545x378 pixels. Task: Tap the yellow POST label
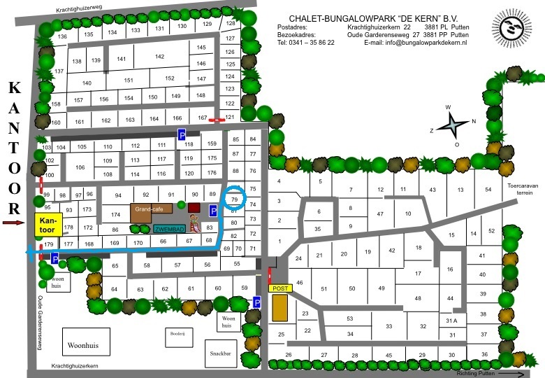pos(279,288)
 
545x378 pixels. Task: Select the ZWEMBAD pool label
pos(170,228)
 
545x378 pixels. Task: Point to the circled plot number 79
pos(235,200)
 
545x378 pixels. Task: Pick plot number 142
pos(159,57)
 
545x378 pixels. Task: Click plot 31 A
pos(451,320)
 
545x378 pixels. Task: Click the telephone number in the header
pos(306,43)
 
